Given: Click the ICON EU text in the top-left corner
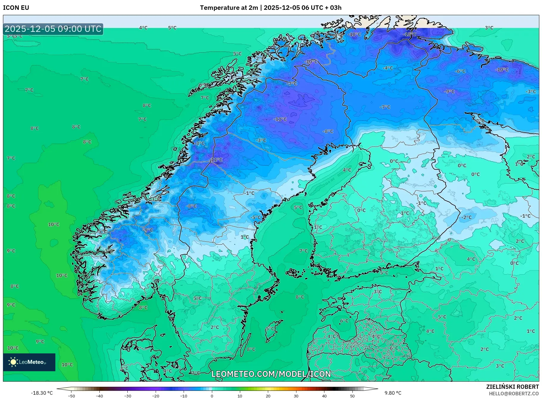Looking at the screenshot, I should pyautogui.click(x=16, y=8).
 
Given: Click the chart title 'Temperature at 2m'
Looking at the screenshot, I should pyautogui.click(x=229, y=8).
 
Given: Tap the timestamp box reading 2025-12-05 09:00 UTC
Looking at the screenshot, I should pyautogui.click(x=53, y=29).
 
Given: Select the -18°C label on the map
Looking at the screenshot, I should pyautogui.click(x=410, y=35).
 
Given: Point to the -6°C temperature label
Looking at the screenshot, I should pyautogui.click(x=460, y=71).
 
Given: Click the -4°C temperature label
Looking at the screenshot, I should pyautogui.click(x=388, y=68).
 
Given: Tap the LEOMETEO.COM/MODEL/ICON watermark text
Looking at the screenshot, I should pyautogui.click(x=271, y=374).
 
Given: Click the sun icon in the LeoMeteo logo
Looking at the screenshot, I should pyautogui.click(x=13, y=362).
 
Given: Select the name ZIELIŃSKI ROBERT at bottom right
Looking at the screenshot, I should pyautogui.click(x=512, y=387).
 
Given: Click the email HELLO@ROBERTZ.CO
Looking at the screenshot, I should pyautogui.click(x=514, y=394).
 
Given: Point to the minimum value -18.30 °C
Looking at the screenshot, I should pyautogui.click(x=42, y=393).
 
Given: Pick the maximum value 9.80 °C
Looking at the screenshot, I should pyautogui.click(x=393, y=393).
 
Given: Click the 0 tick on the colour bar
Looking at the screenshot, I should pyautogui.click(x=212, y=396).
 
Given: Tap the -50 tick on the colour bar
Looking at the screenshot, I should pyautogui.click(x=71, y=396).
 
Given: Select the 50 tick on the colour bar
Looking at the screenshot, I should pyautogui.click(x=352, y=396).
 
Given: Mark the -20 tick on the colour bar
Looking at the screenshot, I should pyautogui.click(x=155, y=396).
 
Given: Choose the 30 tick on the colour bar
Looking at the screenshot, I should pyautogui.click(x=296, y=396).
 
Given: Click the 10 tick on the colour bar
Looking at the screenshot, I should pyautogui.click(x=240, y=396).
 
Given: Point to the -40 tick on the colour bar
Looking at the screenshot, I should pyautogui.click(x=99, y=396).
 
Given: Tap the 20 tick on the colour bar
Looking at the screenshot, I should pyautogui.click(x=268, y=396).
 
